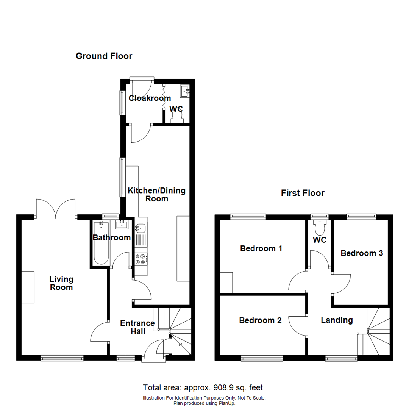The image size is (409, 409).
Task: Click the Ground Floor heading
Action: coord(104,56)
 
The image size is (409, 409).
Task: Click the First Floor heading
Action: coord(302,193)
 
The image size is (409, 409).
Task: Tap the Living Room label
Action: coord(61,283)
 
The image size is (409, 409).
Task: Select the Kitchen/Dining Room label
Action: coord(156,194)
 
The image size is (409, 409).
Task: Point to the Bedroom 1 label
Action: coord(261,249)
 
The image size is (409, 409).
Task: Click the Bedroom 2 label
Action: coord(260,320)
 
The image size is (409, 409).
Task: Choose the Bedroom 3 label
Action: coord(362,253)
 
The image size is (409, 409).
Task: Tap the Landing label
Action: coord(337,320)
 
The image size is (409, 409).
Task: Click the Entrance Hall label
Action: coord(137,327)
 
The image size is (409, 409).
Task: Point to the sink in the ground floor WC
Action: coord(185,91)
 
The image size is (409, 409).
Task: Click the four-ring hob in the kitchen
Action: coord(140,259)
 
